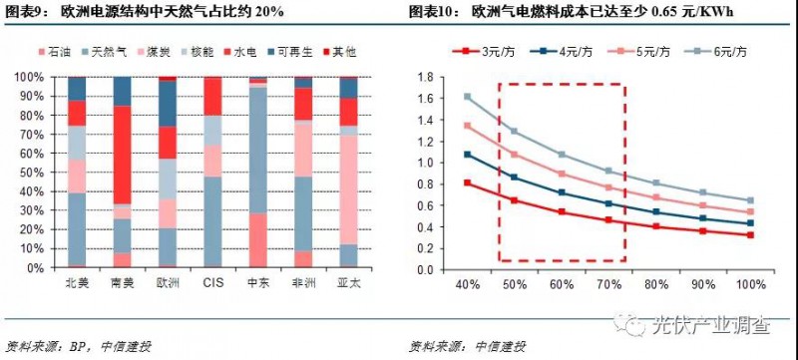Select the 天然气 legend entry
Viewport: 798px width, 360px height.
click(x=105, y=49)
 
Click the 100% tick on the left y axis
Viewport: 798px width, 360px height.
click(x=29, y=77)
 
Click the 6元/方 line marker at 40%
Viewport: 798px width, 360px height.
click(x=468, y=97)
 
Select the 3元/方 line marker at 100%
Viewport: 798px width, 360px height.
click(x=750, y=235)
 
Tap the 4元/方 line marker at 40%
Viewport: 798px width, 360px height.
click(x=468, y=155)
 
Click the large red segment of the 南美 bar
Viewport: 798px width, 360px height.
click(x=122, y=155)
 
